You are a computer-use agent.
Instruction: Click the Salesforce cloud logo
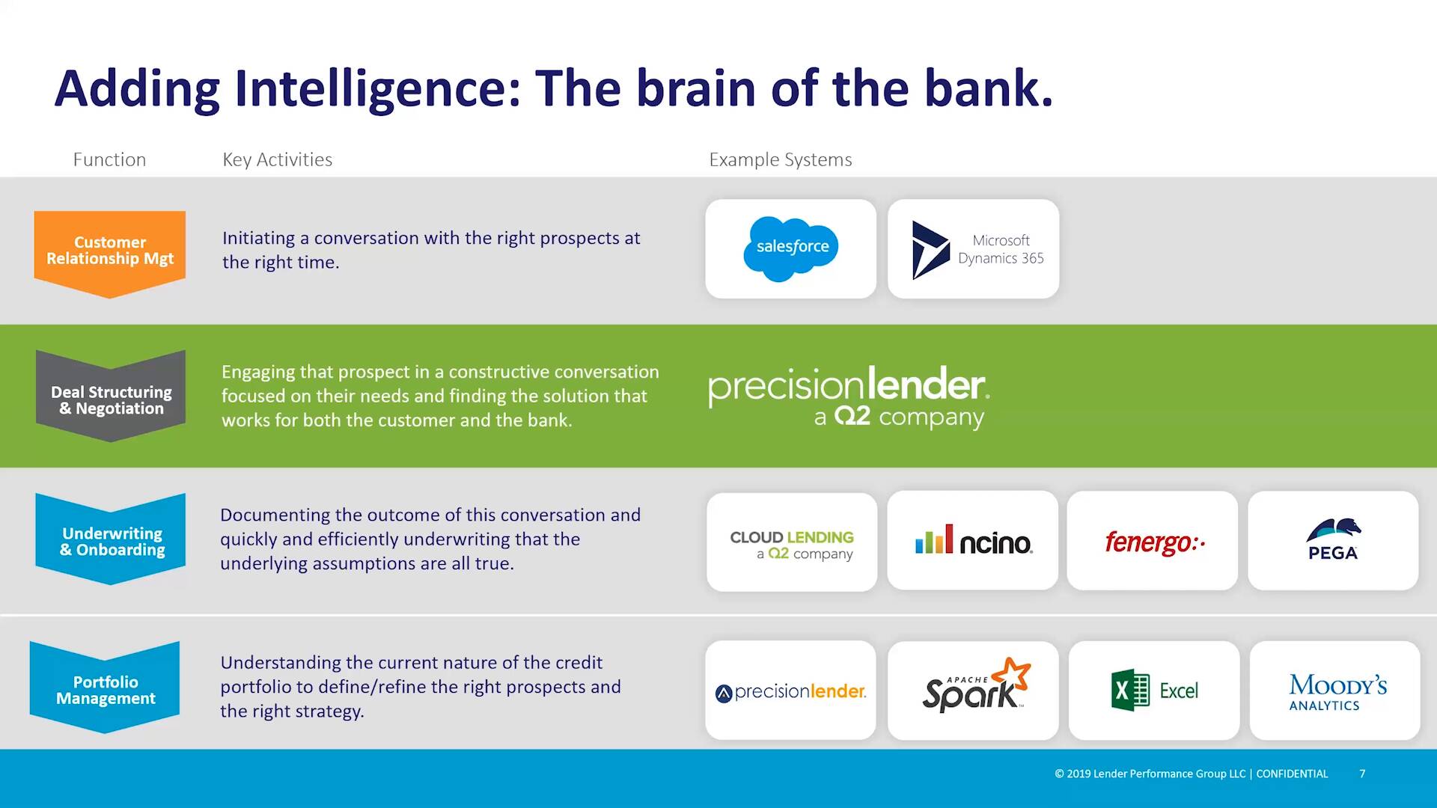tap(791, 248)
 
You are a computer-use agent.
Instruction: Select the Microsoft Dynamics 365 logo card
tap(973, 249)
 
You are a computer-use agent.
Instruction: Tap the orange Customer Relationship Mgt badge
tap(110, 251)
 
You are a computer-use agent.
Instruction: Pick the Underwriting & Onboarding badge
tap(111, 540)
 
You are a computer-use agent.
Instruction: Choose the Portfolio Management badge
tap(106, 688)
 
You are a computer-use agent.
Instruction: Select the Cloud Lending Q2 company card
tap(791, 543)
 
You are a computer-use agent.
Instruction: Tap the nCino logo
tap(973, 541)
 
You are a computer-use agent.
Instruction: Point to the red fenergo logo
tap(1153, 542)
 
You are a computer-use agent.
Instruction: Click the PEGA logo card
tap(1333, 541)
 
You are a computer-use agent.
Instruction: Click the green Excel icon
tap(1130, 690)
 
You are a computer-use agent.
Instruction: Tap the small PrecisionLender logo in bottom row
tap(791, 692)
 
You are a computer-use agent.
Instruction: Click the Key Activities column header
tap(277, 159)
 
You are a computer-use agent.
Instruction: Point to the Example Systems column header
tap(780, 159)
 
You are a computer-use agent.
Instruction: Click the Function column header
tap(109, 159)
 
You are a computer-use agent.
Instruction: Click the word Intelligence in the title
tap(376, 88)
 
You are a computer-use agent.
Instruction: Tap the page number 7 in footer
tap(1362, 774)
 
